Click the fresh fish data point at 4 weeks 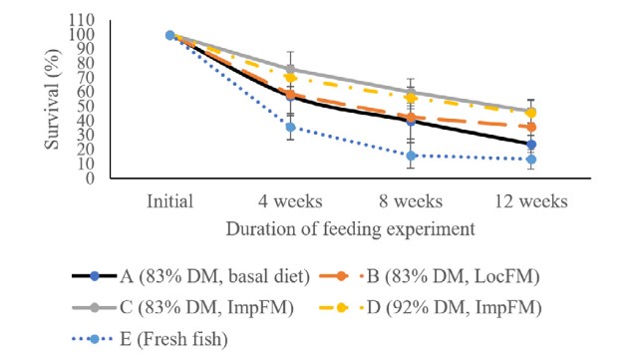click(290, 128)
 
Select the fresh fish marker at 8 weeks click(411, 156)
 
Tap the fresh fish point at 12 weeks click(531, 160)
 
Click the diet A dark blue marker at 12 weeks click(531, 145)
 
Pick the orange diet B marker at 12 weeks click(531, 128)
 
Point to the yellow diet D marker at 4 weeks click(290, 78)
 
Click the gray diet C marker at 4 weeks click(290, 70)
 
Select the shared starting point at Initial click(169, 36)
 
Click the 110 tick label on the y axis click(82, 20)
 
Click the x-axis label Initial click(169, 201)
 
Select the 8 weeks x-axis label click(411, 201)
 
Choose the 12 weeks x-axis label click(531, 201)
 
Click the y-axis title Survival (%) click(52, 99)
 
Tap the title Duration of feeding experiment click(351, 229)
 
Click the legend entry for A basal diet click(190, 276)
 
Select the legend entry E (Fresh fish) click(150, 339)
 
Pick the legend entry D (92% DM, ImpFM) click(431, 307)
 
